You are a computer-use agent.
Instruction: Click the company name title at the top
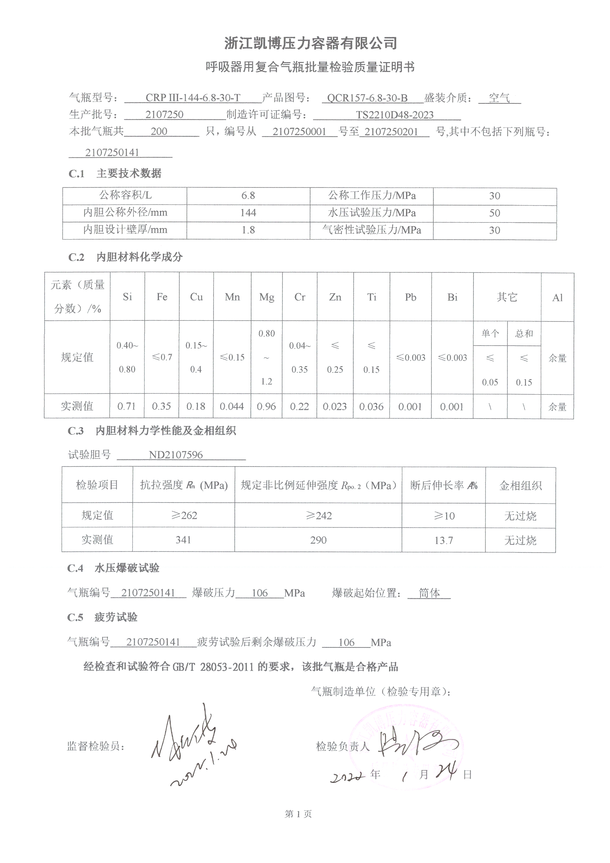(311, 43)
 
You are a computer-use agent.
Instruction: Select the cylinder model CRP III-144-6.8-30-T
(193, 98)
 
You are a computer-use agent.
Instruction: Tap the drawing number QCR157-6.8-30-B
(367, 98)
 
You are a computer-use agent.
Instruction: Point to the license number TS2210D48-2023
(394, 115)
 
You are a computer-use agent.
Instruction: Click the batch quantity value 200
(159, 131)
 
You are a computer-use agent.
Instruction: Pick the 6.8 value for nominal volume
(248, 196)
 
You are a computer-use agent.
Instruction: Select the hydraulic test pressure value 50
(494, 213)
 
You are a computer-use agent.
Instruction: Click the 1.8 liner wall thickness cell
(248, 230)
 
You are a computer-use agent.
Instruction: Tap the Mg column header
(266, 297)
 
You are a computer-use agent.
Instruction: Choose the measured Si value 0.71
(126, 406)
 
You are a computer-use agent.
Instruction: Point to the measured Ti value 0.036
(371, 406)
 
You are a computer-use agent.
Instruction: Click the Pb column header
(410, 297)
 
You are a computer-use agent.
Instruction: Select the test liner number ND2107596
(176, 455)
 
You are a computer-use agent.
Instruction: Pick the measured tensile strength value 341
(183, 540)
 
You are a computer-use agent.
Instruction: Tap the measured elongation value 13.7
(443, 540)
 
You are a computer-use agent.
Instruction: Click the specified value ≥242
(318, 515)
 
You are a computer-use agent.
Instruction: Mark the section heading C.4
(76, 568)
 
